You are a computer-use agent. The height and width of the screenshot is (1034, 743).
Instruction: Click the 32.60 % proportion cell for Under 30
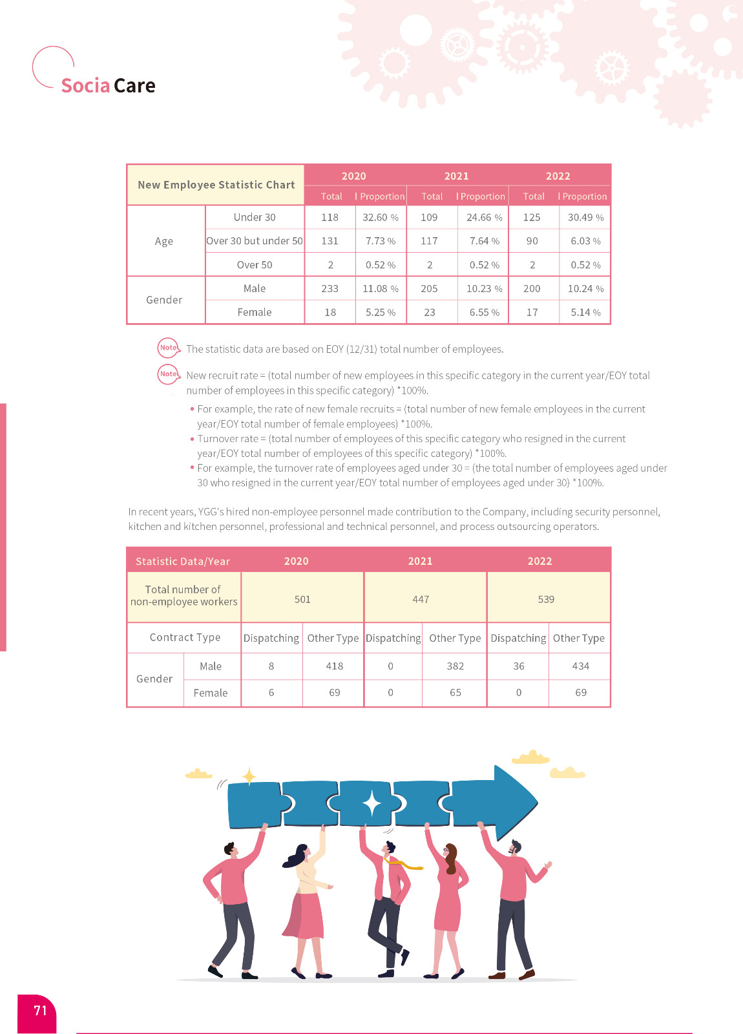[x=381, y=218]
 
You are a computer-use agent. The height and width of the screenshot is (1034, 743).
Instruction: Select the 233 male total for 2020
[x=330, y=289]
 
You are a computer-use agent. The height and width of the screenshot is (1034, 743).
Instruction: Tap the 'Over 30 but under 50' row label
[x=255, y=241]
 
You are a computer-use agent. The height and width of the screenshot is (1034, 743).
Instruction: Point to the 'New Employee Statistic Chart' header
[x=216, y=185]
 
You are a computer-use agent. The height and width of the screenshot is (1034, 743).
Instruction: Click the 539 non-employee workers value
[x=546, y=599]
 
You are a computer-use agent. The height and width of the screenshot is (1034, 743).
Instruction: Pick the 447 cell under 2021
[x=421, y=599]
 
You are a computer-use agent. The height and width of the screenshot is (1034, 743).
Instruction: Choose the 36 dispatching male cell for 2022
[x=519, y=666]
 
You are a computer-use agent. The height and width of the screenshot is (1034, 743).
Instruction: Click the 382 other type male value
[x=455, y=666]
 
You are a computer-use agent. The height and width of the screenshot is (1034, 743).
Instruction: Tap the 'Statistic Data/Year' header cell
[x=183, y=561]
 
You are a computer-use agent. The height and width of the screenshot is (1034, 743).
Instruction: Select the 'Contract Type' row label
[x=185, y=638]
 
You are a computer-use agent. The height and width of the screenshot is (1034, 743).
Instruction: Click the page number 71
[x=40, y=1011]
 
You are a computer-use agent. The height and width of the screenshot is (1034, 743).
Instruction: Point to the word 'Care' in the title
[x=134, y=86]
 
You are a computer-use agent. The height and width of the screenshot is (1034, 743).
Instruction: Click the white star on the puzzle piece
[x=371, y=803]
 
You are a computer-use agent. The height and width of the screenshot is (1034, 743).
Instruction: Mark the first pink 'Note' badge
[x=168, y=348]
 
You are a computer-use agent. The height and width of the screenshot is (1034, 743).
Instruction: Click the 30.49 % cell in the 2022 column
[x=585, y=218]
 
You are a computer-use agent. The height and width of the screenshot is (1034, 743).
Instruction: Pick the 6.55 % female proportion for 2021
[x=484, y=313]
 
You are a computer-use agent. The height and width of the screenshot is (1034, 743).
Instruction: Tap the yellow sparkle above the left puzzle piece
[x=249, y=775]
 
